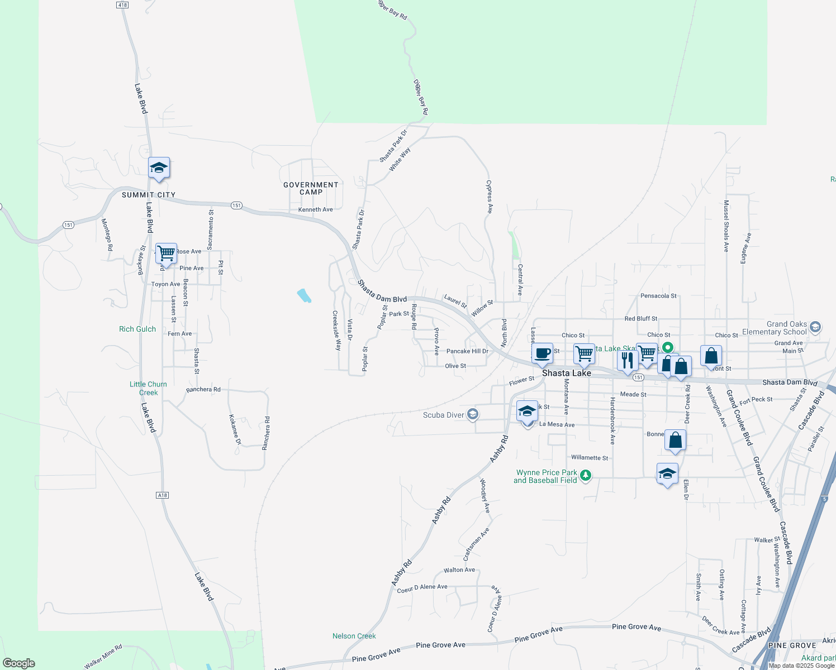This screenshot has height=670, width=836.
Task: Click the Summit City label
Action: coord(149,195)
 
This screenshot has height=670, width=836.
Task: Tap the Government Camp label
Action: coord(311,188)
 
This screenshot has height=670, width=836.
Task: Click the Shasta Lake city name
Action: coord(566,373)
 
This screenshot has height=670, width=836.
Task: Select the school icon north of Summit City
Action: coord(159,167)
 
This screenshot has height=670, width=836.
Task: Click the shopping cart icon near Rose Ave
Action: coord(166,253)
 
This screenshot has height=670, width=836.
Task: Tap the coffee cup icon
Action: coord(542,353)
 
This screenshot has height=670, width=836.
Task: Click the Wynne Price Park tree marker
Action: coord(585,476)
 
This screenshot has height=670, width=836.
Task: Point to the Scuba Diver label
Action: coord(444,415)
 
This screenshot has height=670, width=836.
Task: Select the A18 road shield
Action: coord(162,495)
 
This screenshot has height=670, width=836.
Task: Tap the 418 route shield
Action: coord(122,5)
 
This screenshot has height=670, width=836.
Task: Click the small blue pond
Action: coord(304,295)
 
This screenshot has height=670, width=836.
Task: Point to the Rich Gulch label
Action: coord(137,329)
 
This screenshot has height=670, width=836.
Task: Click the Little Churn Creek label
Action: coord(148,388)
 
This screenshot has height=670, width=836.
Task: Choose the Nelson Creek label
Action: coord(354,636)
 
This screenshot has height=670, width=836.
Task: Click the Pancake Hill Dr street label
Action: coord(467,351)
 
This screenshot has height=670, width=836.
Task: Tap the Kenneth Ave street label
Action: coord(315,209)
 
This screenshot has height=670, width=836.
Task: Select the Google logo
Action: coord(18,663)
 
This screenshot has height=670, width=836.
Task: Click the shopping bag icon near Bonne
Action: coord(675,441)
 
